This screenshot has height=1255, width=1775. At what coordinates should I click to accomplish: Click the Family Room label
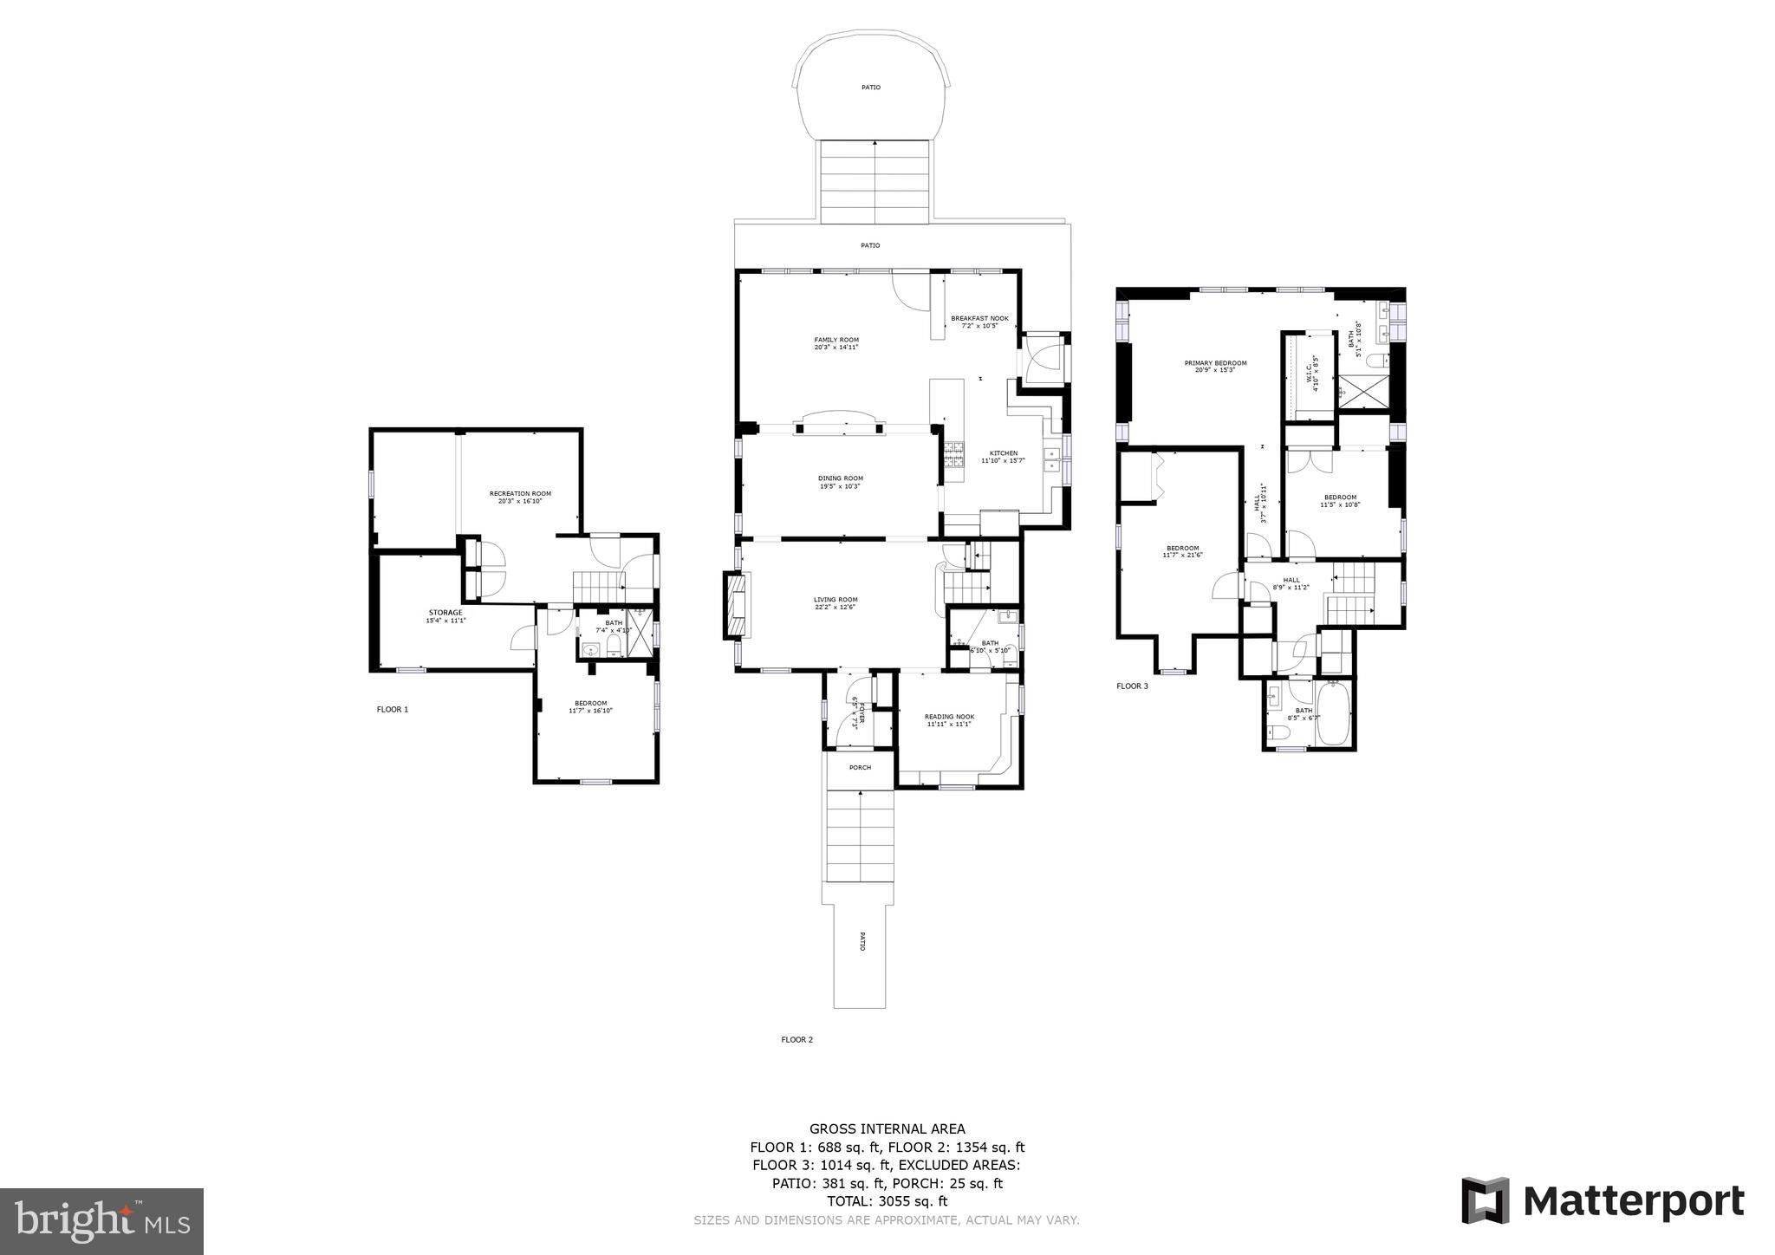(835, 340)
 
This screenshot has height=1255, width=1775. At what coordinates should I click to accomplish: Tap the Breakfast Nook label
(979, 318)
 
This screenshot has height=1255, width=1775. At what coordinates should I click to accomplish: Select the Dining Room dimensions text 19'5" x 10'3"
(840, 486)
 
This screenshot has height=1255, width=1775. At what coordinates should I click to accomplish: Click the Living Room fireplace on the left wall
(736, 606)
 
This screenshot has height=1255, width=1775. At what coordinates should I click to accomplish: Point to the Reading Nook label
(949, 717)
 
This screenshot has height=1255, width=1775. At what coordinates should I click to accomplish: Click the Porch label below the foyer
(860, 767)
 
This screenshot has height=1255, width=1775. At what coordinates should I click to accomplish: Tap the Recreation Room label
(520, 493)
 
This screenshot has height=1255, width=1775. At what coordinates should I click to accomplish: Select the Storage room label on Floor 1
(445, 613)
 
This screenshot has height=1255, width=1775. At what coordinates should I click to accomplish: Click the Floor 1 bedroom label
(590, 703)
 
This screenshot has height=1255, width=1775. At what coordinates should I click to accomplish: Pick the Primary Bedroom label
(1215, 363)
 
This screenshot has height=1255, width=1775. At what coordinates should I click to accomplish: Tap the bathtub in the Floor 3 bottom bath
(1334, 715)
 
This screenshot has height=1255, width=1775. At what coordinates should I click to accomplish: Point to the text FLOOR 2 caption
(796, 1039)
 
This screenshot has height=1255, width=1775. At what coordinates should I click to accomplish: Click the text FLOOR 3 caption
(1132, 686)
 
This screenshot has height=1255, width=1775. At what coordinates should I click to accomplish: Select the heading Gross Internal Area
(887, 1128)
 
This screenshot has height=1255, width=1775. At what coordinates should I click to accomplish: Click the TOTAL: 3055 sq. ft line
(887, 1201)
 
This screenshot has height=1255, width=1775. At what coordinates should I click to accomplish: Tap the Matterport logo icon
(1485, 1201)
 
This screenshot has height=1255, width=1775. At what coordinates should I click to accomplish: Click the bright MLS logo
(102, 1221)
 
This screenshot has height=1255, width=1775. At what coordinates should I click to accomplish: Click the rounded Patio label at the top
(870, 88)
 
